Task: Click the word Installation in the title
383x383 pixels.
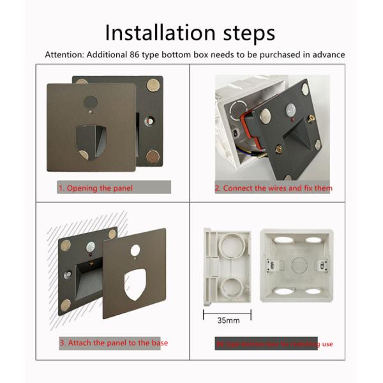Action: (x=156, y=32)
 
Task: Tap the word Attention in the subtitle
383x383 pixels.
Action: (x=64, y=54)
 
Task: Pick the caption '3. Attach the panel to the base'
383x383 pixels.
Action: (x=114, y=343)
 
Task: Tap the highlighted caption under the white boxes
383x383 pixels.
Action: (x=274, y=344)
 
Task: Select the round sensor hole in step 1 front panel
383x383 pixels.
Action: (x=91, y=101)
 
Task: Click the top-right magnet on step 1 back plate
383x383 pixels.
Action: (x=154, y=84)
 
